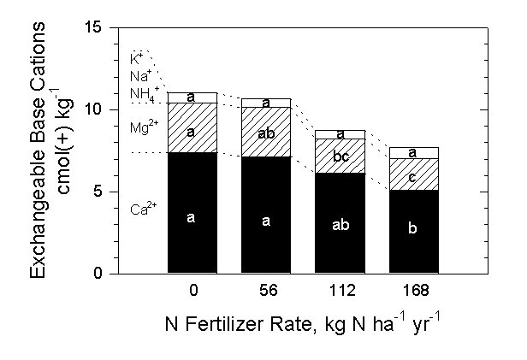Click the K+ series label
pyautogui.click(x=136, y=58)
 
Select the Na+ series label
pyautogui.click(x=138, y=75)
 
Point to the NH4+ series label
pyautogui.click(x=140, y=92)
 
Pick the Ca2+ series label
pyautogui.click(x=141, y=209)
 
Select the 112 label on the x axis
pyautogui.click(x=340, y=291)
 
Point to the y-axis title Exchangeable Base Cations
pyautogui.click(x=40, y=150)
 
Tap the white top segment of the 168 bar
pyautogui.click(x=414, y=152)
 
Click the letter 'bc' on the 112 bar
pyautogui.click(x=340, y=156)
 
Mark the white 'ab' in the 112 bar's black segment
pyautogui.click(x=340, y=226)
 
